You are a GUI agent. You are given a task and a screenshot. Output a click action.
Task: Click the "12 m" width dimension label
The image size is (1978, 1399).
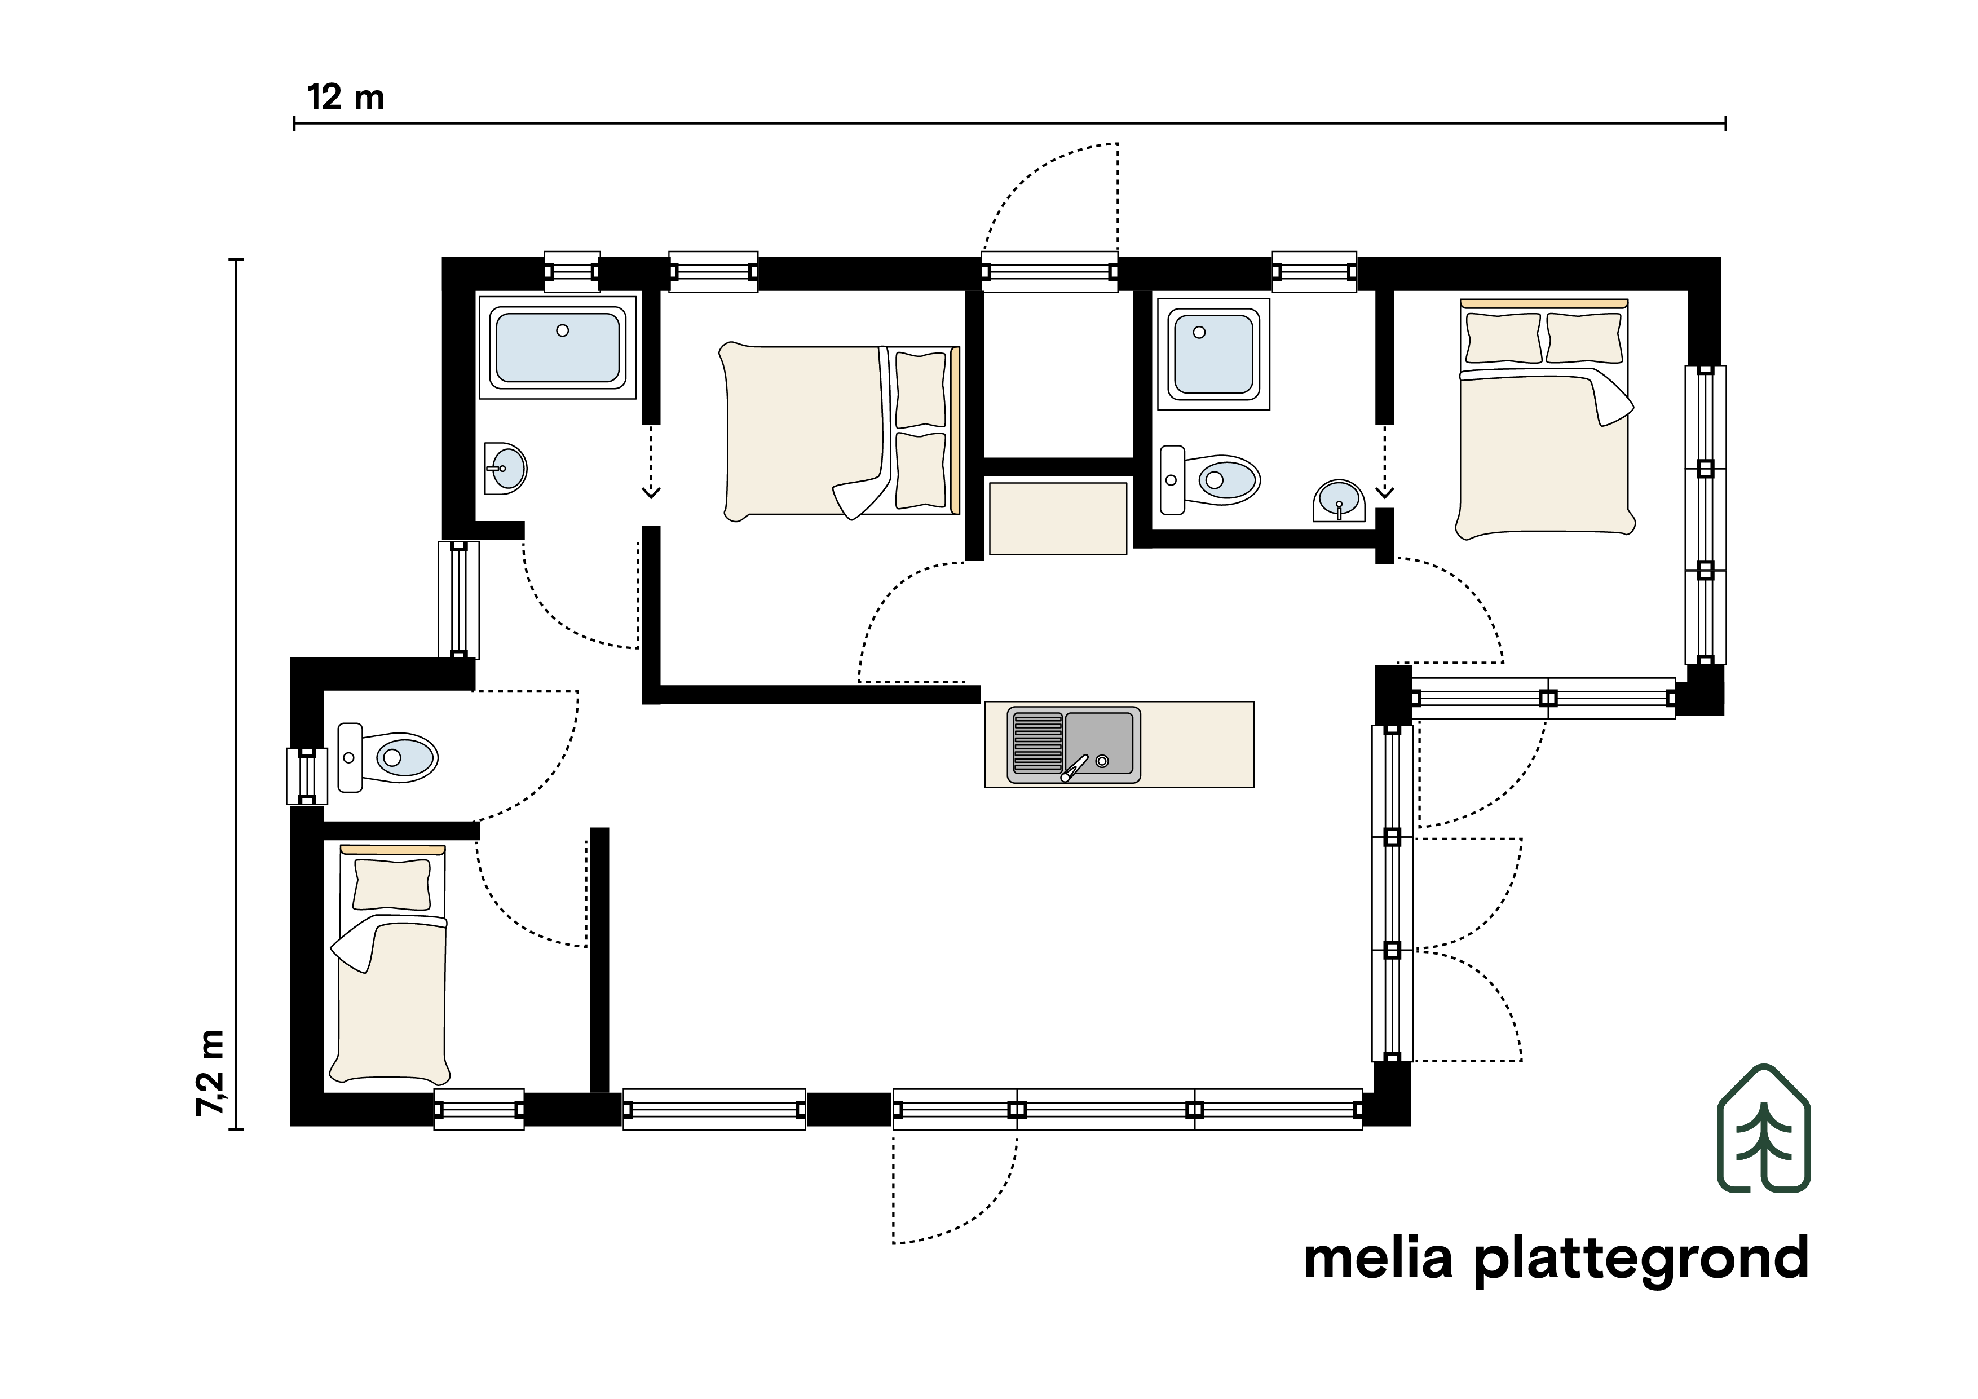[x=346, y=98]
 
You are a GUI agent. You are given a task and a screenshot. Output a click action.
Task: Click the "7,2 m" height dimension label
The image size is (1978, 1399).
[x=211, y=1073]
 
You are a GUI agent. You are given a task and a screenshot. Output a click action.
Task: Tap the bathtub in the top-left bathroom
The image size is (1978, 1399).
[x=558, y=347]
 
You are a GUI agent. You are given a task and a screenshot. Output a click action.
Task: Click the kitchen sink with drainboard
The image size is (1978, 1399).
[x=1074, y=745]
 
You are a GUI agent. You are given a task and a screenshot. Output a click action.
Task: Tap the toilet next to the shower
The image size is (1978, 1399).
[x=1209, y=479]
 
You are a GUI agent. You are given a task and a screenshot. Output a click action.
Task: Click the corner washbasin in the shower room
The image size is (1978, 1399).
[x=1340, y=501]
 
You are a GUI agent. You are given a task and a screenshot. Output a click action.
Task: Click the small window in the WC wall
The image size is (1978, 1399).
[x=307, y=776]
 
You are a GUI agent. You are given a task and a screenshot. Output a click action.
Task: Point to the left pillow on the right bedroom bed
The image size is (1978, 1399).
[x=1503, y=338]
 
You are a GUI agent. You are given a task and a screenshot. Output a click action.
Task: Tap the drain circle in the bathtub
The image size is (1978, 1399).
[x=563, y=330]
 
